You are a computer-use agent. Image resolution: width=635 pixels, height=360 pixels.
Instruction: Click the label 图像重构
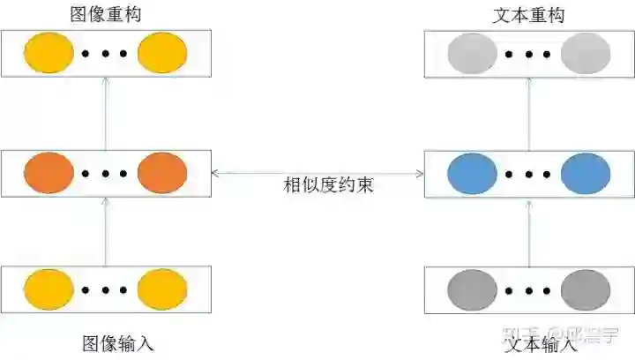click(105, 15)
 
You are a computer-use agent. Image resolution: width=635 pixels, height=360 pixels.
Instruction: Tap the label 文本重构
click(529, 15)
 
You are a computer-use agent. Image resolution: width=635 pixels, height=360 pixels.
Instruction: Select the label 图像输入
click(118, 343)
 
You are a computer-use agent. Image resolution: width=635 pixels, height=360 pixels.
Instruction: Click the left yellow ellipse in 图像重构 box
click(49, 53)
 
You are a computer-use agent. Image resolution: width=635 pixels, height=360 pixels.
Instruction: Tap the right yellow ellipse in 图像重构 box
click(163, 53)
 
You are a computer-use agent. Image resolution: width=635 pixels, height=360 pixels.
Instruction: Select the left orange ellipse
click(49, 173)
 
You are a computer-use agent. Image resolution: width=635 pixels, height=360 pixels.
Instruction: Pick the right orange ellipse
click(163, 173)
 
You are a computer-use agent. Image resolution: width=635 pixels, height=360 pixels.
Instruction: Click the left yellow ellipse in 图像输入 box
click(49, 289)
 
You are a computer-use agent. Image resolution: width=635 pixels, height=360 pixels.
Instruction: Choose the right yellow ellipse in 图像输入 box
click(163, 289)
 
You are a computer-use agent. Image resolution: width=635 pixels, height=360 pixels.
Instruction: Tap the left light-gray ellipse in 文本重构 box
click(474, 53)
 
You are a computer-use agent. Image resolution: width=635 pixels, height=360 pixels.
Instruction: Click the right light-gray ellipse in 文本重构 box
click(586, 53)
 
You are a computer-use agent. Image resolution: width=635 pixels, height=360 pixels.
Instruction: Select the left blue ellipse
click(474, 173)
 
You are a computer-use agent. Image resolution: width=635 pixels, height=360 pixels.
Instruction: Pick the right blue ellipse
click(586, 173)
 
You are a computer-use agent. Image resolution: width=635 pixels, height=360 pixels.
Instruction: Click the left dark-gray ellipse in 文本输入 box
click(474, 289)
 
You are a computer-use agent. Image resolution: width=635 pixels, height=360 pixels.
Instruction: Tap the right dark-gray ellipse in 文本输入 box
click(586, 289)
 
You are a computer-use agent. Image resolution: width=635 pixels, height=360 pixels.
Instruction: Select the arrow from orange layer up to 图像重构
click(106, 113)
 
